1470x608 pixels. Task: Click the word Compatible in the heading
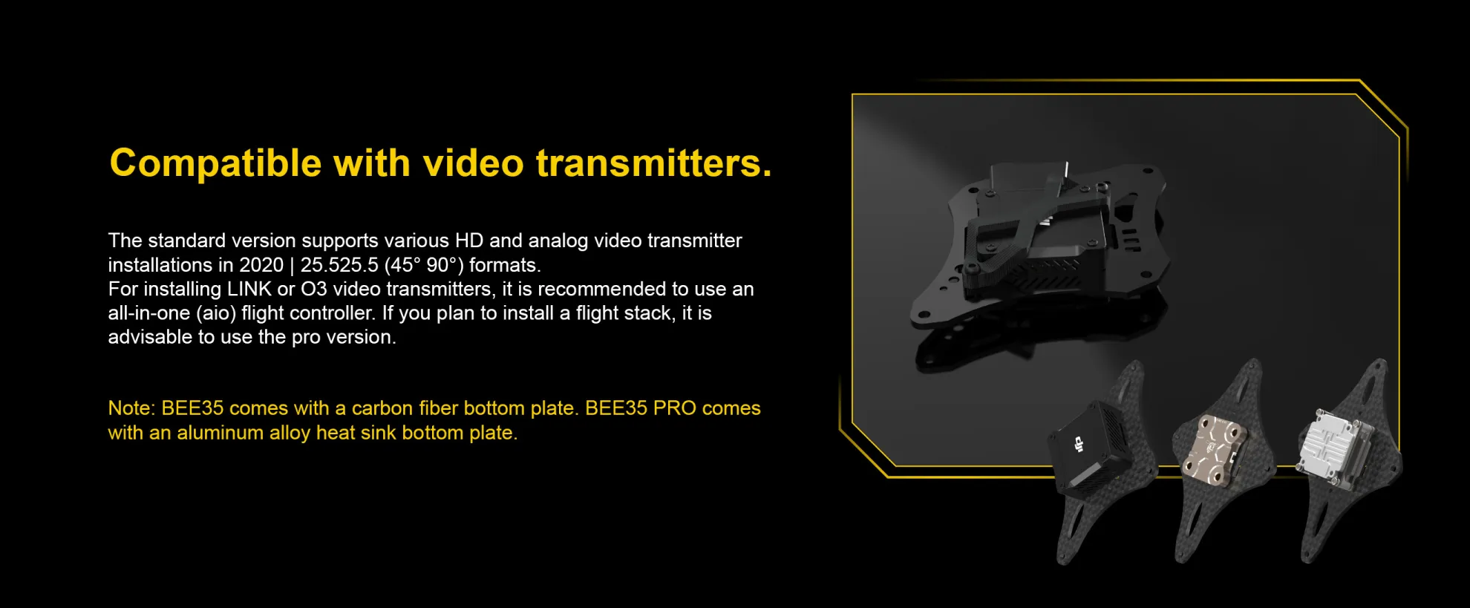[215, 164]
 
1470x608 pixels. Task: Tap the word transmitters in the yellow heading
[653, 163]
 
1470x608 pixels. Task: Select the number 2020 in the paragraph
[261, 265]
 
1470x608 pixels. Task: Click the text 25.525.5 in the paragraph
[339, 265]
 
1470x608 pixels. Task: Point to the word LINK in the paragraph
[249, 289]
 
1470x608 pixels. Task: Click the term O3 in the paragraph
[313, 289]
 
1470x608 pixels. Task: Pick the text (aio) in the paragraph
[216, 313]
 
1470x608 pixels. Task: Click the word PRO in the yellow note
[674, 408]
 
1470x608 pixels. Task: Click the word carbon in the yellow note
[382, 408]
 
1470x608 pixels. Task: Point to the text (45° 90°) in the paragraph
[423, 265]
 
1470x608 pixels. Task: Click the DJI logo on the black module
[1079, 445]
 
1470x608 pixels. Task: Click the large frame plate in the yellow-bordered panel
[1039, 245]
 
